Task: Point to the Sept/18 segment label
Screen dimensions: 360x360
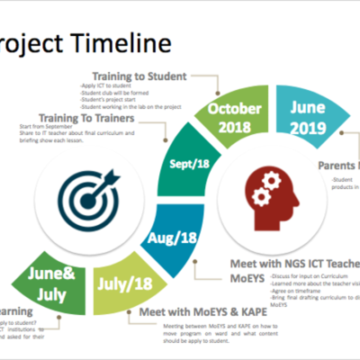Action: point(192,165)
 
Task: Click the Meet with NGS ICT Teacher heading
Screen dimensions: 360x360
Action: point(288,263)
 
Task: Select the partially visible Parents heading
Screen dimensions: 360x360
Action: point(338,166)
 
